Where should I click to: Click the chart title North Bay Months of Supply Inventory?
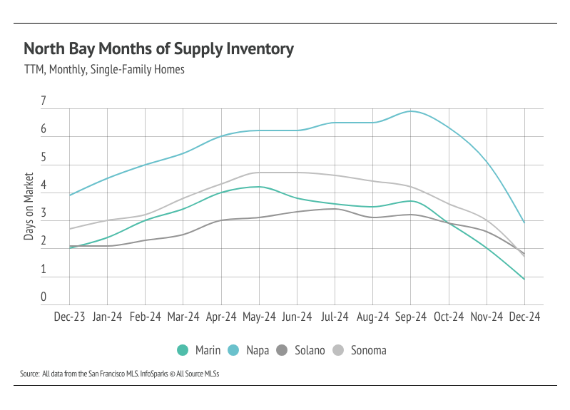click(158, 49)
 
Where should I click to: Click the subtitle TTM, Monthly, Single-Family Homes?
click(104, 70)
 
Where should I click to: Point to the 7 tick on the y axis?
click(44, 102)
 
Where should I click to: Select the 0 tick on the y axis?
click(44, 298)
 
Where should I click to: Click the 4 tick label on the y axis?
click(44, 186)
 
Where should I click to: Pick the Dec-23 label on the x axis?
click(69, 317)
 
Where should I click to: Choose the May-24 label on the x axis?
click(259, 317)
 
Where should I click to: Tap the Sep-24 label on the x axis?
click(411, 317)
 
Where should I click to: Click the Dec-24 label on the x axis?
click(524, 317)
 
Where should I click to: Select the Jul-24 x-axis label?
click(335, 317)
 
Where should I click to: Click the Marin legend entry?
click(200, 350)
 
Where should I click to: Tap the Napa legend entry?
click(249, 350)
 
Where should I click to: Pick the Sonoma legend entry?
click(361, 350)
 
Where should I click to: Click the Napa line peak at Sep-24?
click(411, 111)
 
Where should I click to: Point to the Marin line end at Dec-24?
click(524, 279)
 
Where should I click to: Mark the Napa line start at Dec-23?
click(69, 195)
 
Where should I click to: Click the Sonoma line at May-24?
click(259, 173)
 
